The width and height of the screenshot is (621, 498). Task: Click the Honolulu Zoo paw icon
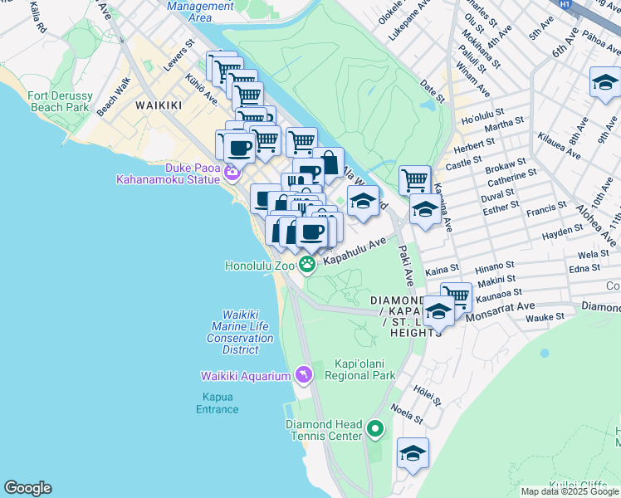coord(308,266)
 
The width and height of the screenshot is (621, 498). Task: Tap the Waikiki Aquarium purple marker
coord(304,376)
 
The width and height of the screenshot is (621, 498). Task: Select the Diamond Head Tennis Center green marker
coord(375,429)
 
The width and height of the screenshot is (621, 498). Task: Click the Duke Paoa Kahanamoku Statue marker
coord(232,173)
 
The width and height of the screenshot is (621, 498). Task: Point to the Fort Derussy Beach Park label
coord(59,101)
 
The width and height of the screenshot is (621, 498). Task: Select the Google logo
coord(27,488)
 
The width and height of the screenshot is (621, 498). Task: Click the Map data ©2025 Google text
coord(570,491)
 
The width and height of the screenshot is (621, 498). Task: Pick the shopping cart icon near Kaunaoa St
coord(456,295)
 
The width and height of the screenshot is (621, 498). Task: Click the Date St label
coord(433,87)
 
